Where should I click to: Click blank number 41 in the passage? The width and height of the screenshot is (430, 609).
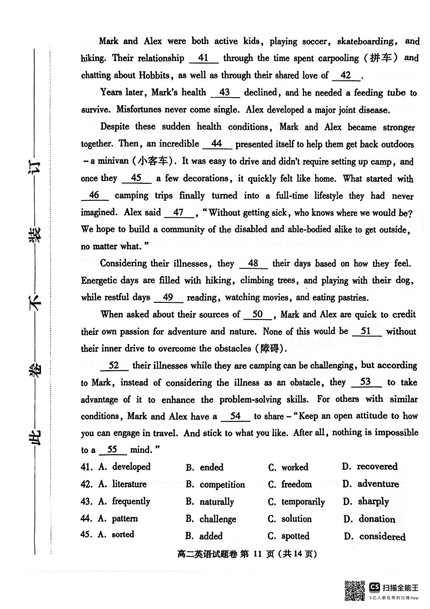pyautogui.click(x=204, y=58)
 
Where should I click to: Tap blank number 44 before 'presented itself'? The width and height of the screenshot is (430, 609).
pyautogui.click(x=217, y=144)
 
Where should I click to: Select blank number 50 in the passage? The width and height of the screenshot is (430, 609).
pyautogui.click(x=258, y=314)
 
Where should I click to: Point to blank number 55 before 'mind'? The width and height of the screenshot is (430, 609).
pyautogui.click(x=112, y=450)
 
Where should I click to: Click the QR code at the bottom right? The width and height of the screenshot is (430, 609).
pyautogui.click(x=355, y=591)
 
